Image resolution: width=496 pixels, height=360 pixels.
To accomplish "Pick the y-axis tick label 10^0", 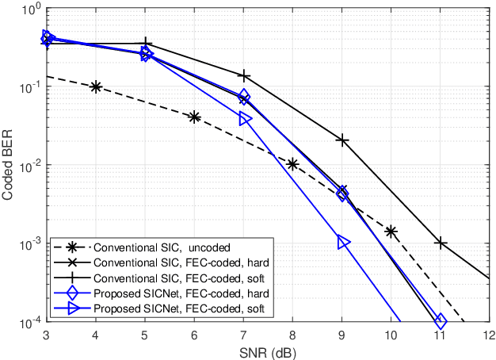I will tap(29, 9).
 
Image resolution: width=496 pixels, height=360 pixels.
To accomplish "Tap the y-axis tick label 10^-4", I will tap(27, 322).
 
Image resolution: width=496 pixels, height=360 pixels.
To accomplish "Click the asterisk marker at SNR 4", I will tap(95, 87).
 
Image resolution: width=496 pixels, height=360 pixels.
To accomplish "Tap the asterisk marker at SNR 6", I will tap(194, 117).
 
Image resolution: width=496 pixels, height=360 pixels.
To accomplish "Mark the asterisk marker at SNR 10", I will tap(391, 232).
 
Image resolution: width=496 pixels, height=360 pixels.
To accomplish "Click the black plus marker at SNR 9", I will tap(342, 140).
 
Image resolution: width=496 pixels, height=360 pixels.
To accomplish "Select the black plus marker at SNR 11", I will tap(441, 243).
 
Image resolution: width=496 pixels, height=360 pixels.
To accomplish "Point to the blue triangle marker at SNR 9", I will tap(343, 243).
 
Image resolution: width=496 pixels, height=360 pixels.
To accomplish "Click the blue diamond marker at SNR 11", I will tap(441, 321).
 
